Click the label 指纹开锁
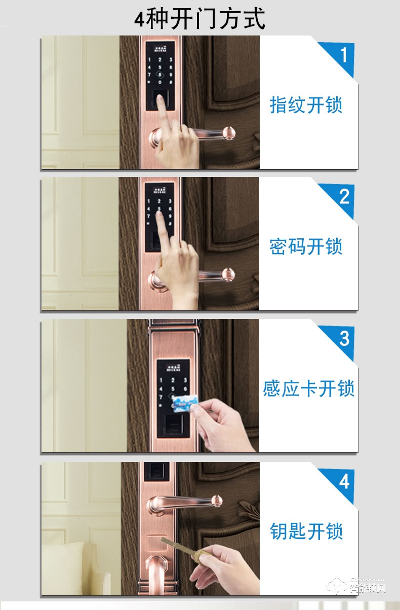306,105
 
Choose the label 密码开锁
306,246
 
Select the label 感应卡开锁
308,389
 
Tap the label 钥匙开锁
306,531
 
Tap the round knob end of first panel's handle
229,133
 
